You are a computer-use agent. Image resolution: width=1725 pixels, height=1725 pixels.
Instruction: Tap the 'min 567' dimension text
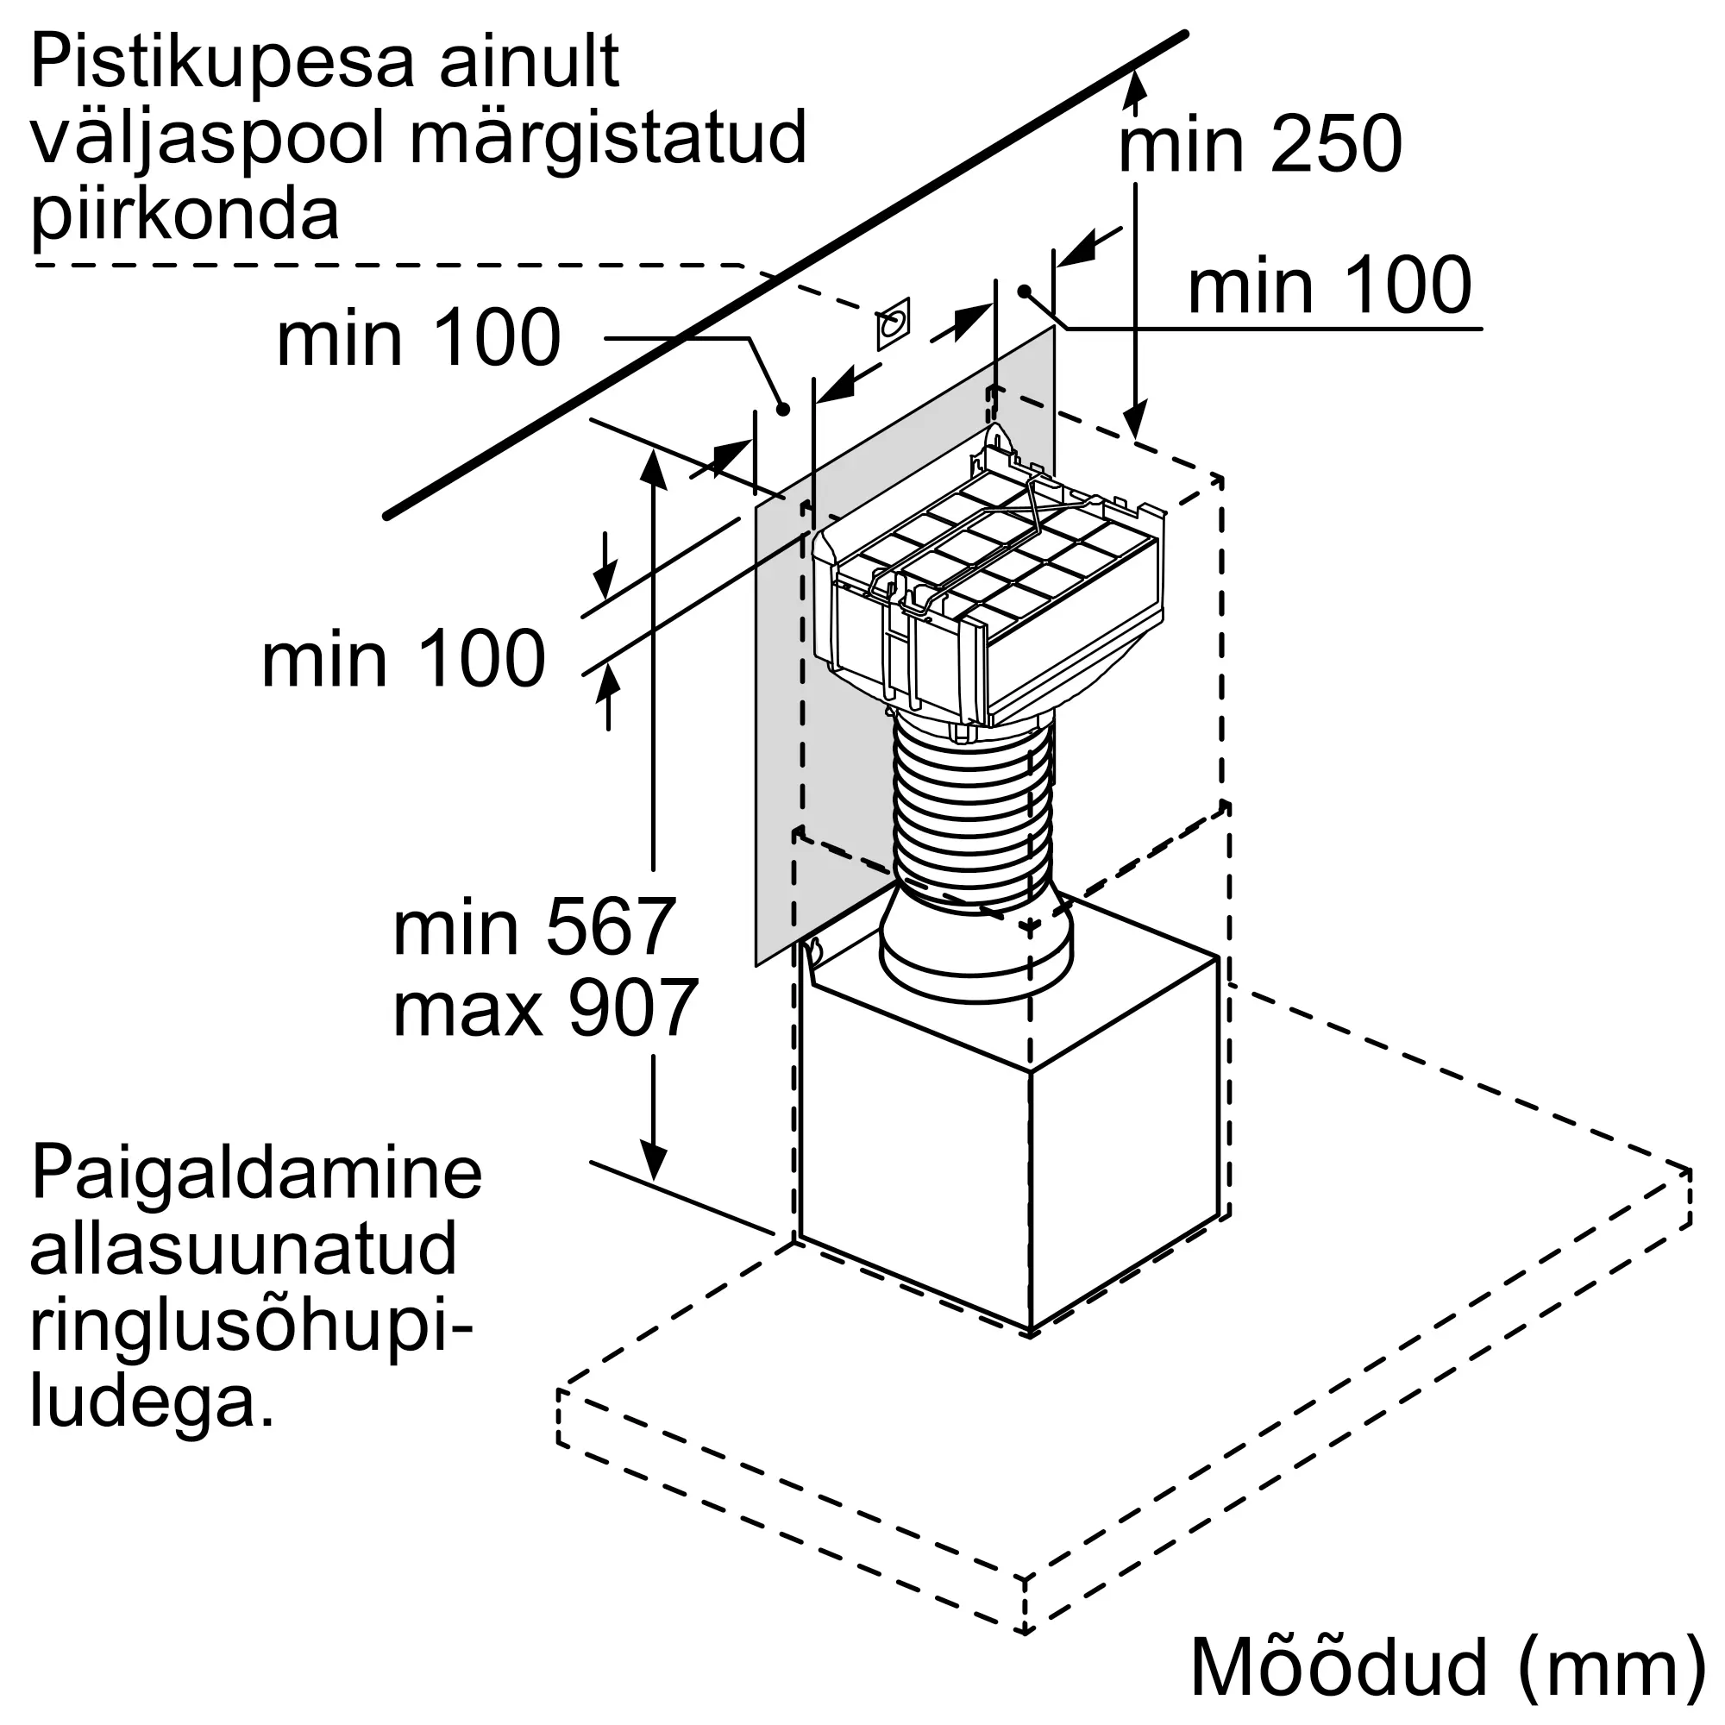[534, 929]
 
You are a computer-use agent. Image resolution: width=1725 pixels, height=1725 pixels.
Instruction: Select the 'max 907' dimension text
[544, 1008]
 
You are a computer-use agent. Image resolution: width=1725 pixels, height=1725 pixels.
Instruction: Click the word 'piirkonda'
[185, 218]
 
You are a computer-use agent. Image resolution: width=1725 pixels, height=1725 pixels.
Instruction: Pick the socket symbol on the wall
[893, 323]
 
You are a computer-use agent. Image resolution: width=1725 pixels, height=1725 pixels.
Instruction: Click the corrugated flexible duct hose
[974, 812]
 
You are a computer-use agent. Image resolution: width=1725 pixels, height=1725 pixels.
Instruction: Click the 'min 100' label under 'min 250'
[1329, 285]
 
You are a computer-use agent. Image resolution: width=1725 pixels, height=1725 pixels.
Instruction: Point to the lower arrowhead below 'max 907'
[655, 1161]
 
